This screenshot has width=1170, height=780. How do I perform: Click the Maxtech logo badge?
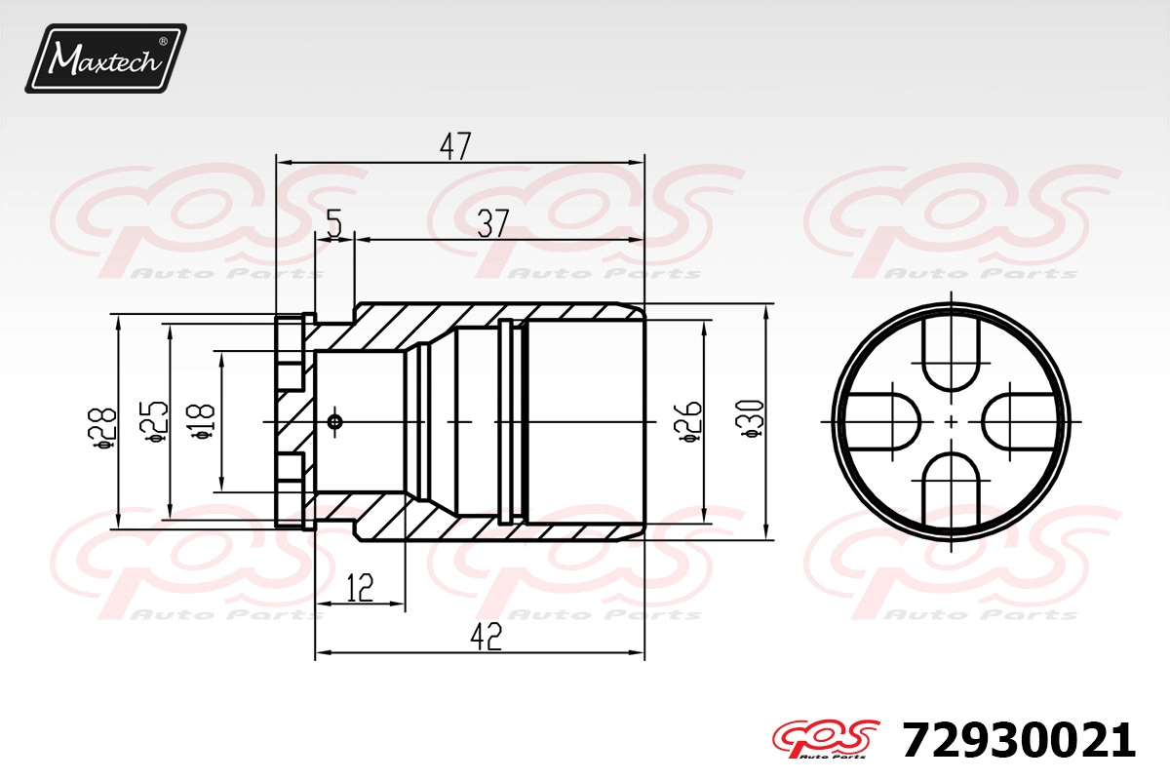pyautogui.click(x=106, y=58)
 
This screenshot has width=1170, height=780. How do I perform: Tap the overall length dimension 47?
pyautogui.click(x=455, y=146)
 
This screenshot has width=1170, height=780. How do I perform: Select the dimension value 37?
pyautogui.click(x=493, y=223)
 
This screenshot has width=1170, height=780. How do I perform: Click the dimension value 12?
pyautogui.click(x=360, y=588)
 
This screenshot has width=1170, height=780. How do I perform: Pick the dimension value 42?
pyautogui.click(x=486, y=637)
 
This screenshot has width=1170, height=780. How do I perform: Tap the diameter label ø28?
pyautogui.click(x=105, y=428)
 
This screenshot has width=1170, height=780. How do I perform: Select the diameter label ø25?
pyautogui.click(x=154, y=422)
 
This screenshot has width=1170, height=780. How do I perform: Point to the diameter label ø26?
pyautogui.click(x=688, y=422)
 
